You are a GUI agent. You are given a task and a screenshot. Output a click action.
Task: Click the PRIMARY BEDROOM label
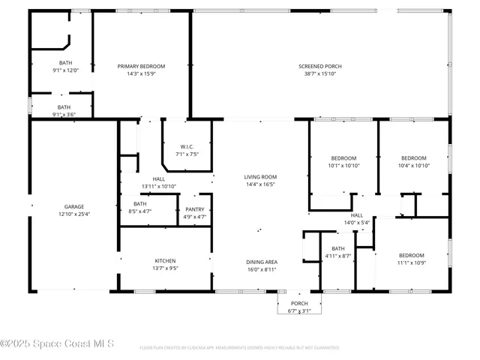(141, 66)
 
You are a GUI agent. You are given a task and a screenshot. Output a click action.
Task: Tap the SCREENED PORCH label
(320, 66)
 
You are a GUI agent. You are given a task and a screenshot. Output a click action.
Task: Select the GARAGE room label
(73, 206)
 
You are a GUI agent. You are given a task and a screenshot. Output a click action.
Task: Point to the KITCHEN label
(165, 261)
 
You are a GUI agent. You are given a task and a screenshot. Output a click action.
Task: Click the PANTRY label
(194, 209)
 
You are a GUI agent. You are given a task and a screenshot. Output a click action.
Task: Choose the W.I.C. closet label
(187, 146)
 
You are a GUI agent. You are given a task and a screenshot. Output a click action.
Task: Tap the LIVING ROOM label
(260, 176)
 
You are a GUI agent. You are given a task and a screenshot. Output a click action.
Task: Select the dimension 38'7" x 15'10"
(320, 73)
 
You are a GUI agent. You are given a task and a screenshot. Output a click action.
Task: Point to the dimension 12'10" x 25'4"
(73, 214)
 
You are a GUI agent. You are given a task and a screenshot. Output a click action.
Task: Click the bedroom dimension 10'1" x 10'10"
(343, 165)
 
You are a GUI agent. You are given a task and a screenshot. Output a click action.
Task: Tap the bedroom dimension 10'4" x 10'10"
(413, 165)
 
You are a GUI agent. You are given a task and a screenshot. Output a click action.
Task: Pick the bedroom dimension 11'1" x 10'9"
(411, 262)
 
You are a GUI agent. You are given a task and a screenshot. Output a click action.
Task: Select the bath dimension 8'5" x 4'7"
(140, 211)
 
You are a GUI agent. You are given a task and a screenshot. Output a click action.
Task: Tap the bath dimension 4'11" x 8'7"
(338, 256)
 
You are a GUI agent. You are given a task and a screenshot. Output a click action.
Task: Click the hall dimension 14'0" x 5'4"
(357, 223)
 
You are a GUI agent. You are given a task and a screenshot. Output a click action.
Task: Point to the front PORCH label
(299, 303)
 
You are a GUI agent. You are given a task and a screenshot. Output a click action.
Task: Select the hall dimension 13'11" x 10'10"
(159, 186)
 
